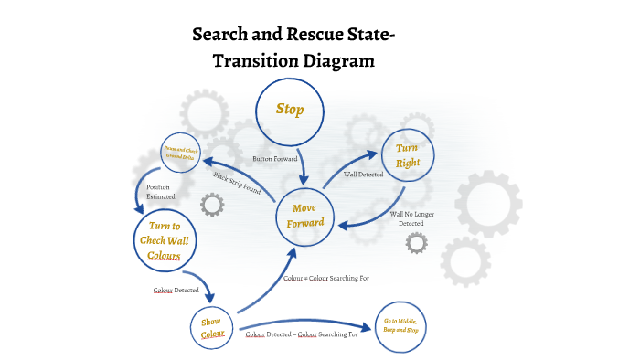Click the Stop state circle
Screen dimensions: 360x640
(290, 111)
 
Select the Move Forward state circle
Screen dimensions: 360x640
(305, 216)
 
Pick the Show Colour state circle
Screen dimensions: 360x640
(212, 328)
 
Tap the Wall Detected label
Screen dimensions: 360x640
(363, 174)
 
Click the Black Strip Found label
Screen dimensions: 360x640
(237, 184)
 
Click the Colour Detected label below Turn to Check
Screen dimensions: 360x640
(176, 290)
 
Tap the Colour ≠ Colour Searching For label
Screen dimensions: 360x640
(326, 277)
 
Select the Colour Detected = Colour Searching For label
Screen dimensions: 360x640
(303, 335)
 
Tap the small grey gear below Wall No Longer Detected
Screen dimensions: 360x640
(415, 242)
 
